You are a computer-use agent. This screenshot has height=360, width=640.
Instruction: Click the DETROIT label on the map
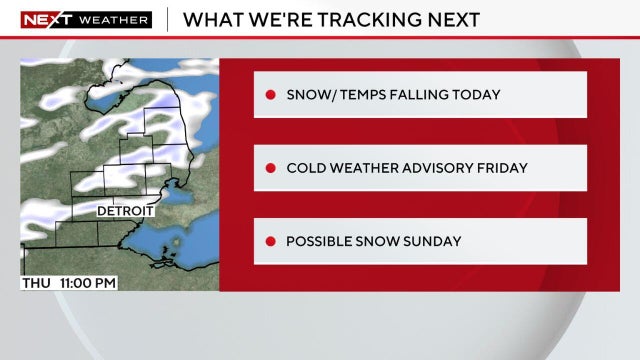click(125, 212)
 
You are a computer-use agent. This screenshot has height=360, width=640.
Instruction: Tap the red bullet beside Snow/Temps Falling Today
click(270, 95)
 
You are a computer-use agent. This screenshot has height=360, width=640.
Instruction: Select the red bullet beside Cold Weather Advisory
click(270, 168)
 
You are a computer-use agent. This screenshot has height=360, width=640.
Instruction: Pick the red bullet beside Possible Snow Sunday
click(270, 241)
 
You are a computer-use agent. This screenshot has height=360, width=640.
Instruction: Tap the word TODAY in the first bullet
click(475, 95)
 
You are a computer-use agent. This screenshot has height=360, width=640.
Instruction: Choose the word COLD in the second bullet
click(305, 168)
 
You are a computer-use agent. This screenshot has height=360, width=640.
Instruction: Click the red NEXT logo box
click(39, 19)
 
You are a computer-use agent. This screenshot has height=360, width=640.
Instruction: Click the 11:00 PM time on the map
click(89, 283)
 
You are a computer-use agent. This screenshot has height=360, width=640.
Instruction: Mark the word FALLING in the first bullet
click(415, 95)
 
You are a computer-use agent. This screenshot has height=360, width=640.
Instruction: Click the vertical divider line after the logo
click(166, 19)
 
